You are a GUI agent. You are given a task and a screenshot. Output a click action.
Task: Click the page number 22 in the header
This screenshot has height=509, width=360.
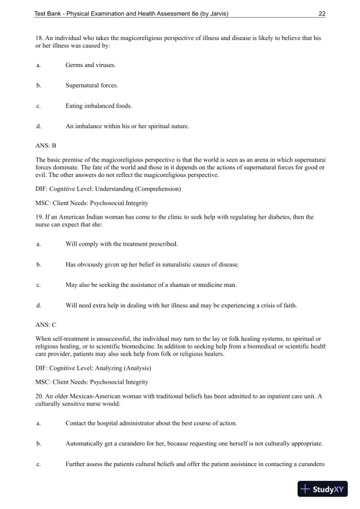tap(322, 14)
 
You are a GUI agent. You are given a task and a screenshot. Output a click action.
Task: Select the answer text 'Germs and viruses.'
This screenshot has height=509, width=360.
tap(90, 65)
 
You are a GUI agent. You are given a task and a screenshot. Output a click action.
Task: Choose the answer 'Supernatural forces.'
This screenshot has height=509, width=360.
tap(92, 85)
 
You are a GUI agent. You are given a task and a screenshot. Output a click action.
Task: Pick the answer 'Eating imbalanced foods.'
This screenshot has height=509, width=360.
tap(99, 106)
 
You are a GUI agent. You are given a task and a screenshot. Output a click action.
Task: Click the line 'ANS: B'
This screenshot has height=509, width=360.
tap(46, 144)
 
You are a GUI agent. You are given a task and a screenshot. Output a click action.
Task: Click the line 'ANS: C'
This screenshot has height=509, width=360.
tap(46, 324)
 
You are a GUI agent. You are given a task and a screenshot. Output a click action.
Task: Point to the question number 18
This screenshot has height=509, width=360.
tap(39, 38)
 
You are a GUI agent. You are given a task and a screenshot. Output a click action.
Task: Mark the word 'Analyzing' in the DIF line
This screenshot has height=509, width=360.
tap(111, 368)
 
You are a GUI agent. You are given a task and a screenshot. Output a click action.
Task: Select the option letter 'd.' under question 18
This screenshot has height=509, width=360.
tap(38, 126)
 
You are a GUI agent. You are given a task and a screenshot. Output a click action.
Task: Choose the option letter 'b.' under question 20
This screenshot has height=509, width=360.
tap(38, 444)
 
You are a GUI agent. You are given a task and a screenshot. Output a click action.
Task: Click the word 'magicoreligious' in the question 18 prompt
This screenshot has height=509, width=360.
tap(121, 38)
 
